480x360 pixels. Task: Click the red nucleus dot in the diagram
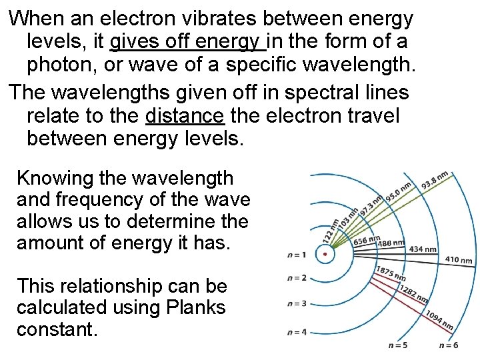(x=324, y=254)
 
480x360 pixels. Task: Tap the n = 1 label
(x=297, y=255)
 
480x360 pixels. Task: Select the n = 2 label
(x=297, y=278)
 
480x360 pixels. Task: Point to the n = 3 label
(x=297, y=303)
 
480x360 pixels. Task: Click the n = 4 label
(x=297, y=331)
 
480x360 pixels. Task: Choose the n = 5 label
(x=399, y=345)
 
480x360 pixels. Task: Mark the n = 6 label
(x=448, y=345)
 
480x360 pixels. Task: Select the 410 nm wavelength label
(x=459, y=260)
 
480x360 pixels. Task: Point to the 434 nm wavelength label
(x=423, y=249)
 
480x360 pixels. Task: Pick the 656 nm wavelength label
(x=366, y=239)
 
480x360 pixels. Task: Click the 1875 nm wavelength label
(x=391, y=273)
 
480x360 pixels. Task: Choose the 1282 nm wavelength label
(x=414, y=293)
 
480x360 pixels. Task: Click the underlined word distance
(x=184, y=115)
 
